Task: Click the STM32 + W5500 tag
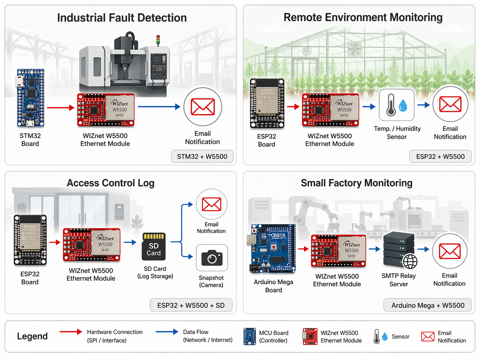(x=202, y=156)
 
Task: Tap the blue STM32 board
(x=30, y=98)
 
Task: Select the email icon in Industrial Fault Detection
(x=203, y=107)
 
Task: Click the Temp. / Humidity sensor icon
(x=396, y=105)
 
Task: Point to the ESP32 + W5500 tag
(x=440, y=156)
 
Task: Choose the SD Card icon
(x=154, y=246)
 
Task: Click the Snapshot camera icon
(x=212, y=258)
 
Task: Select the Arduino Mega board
(x=272, y=248)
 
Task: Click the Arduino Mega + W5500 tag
(x=428, y=305)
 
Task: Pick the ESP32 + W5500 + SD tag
(x=191, y=305)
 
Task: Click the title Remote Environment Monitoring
(x=363, y=18)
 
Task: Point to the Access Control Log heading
(x=110, y=183)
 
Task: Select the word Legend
(x=32, y=336)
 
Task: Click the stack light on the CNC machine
(x=158, y=39)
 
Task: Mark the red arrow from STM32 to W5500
(x=60, y=107)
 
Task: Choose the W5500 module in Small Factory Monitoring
(x=338, y=251)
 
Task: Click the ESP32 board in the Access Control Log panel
(x=30, y=240)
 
